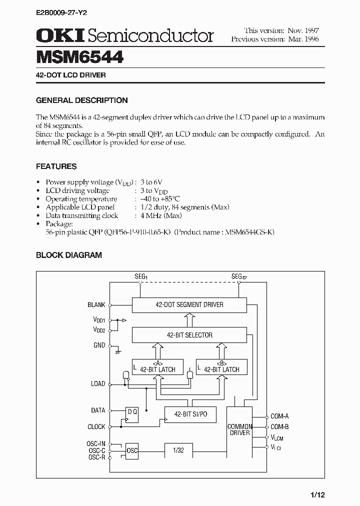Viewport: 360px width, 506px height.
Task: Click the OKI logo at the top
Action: coord(59,35)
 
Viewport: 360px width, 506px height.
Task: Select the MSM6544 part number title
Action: coord(80,56)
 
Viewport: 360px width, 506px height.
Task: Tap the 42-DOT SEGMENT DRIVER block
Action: coord(189,304)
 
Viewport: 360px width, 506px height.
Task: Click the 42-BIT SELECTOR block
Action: coord(189,335)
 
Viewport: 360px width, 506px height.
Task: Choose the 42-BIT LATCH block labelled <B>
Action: coord(221,366)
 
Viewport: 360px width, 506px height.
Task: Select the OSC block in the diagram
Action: coord(132,450)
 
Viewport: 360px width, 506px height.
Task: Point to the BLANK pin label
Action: coord(96,304)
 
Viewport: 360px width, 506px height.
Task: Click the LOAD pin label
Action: coord(97,383)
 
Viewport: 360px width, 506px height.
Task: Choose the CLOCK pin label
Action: coord(96,426)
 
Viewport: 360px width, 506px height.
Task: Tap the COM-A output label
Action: coord(279,416)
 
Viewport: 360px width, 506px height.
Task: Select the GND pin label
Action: coord(99,345)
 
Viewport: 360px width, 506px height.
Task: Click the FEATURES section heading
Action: coord(56,166)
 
